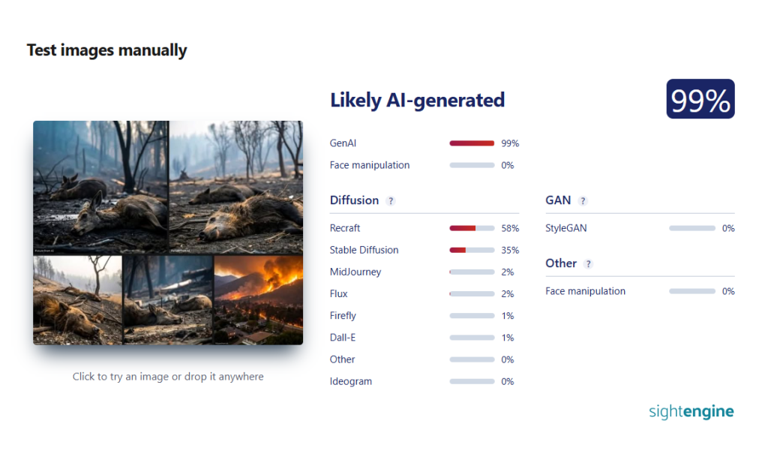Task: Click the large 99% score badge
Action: [x=700, y=99]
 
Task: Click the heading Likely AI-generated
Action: [x=417, y=101]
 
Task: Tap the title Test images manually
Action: [x=106, y=50]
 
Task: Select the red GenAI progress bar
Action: [x=472, y=143]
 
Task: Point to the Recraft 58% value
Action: [x=510, y=228]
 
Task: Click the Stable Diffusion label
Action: [x=364, y=250]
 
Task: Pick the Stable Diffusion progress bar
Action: [x=472, y=251]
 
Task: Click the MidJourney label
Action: [x=355, y=272]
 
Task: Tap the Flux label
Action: [x=338, y=294]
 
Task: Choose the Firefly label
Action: [x=343, y=316]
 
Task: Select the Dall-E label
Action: [x=342, y=338]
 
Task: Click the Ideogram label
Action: [x=351, y=381]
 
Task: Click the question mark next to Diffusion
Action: [x=390, y=201]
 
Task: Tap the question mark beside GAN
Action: [x=582, y=201]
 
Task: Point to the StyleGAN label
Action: [x=565, y=228]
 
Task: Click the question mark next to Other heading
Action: [x=588, y=264]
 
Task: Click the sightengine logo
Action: [x=691, y=411]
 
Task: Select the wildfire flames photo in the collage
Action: [x=258, y=299]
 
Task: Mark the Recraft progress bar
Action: [x=472, y=228]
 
